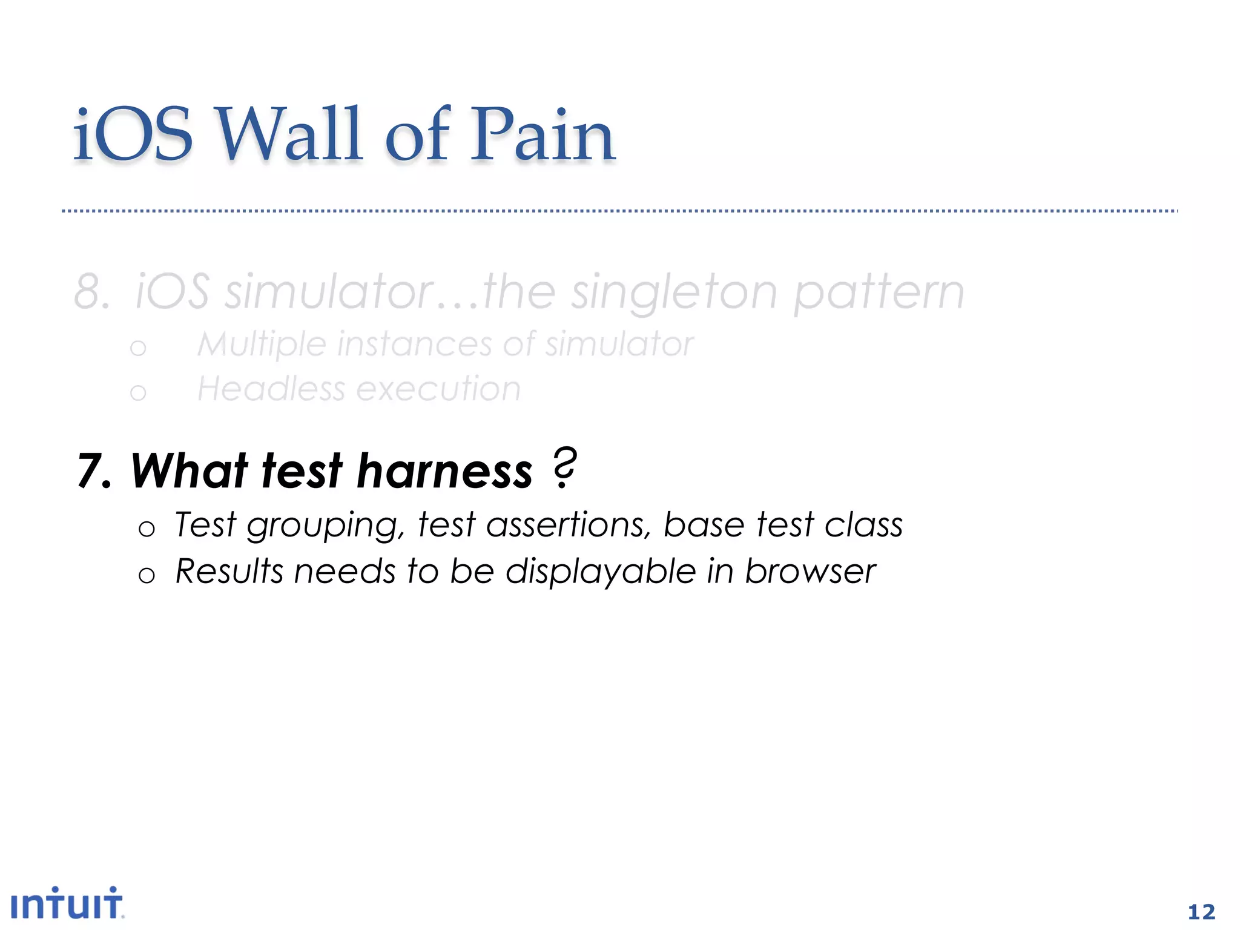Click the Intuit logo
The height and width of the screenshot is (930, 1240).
tap(67, 903)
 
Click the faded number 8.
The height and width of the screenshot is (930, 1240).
tap(91, 292)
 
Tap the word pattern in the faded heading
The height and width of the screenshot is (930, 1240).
tap(879, 293)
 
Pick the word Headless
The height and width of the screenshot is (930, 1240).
tap(270, 389)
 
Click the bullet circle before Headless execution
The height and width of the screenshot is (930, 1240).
tap(138, 393)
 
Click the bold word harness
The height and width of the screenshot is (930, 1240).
tap(444, 471)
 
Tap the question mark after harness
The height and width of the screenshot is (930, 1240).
tap(564, 467)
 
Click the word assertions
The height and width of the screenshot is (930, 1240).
tap(569, 524)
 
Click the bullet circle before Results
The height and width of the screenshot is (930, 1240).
tap(147, 575)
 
